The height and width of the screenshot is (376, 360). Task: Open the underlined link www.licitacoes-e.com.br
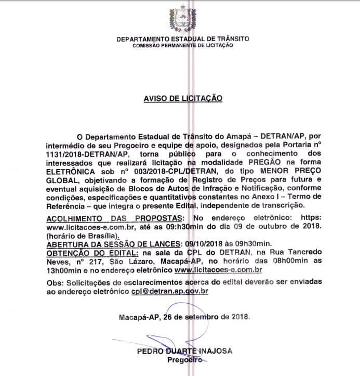tap(218, 269)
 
